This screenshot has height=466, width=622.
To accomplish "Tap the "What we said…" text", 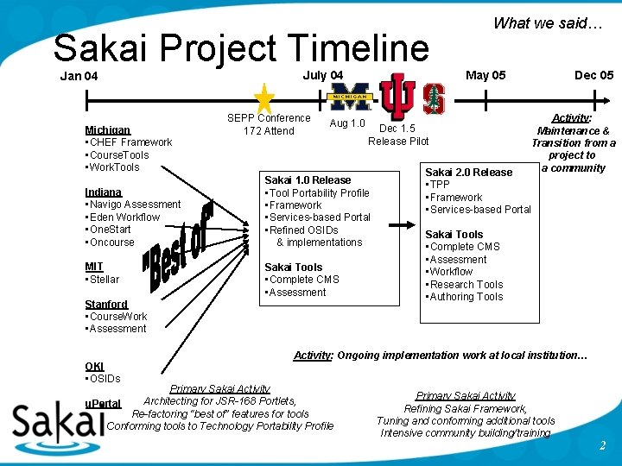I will pos(548,23).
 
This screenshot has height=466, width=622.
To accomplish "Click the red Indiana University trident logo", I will pos(398,96).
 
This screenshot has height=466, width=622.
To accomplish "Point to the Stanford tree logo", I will pos(433,98).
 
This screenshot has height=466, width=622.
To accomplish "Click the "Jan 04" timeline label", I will pos(79,76).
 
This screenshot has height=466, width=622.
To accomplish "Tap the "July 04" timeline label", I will pos(322,75).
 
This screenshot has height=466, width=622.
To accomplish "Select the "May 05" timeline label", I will pos(486,75).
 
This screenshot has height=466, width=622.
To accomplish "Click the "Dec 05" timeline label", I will pos(593,75).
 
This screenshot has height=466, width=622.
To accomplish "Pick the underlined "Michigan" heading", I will pos(108,130).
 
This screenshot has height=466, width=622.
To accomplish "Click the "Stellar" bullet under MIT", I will pos(104,279).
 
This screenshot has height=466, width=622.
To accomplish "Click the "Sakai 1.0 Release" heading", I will pos(308,180).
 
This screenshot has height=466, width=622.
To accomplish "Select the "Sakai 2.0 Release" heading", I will pos(469,172).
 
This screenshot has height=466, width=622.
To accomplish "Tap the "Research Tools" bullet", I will pos(466,284).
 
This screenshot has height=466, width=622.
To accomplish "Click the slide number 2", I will pos(602,445).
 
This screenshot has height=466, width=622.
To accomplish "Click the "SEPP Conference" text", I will pos(269,118).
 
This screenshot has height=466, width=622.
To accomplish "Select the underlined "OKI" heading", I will pos(94,366).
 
